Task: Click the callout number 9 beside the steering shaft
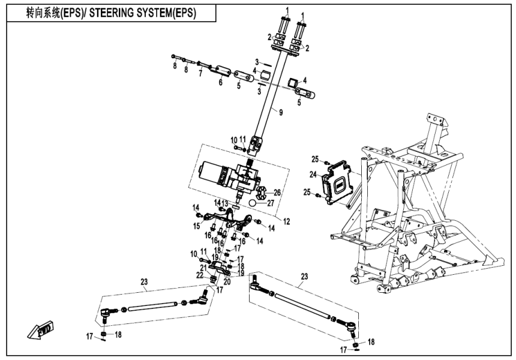tap(280, 110)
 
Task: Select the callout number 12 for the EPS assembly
tap(286, 221)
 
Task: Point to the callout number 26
tap(277, 193)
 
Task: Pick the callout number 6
tap(220, 83)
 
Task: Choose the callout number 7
tap(200, 74)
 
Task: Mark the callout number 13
tap(225, 203)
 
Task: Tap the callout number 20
tap(227, 280)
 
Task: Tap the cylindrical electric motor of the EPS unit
tap(208, 171)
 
